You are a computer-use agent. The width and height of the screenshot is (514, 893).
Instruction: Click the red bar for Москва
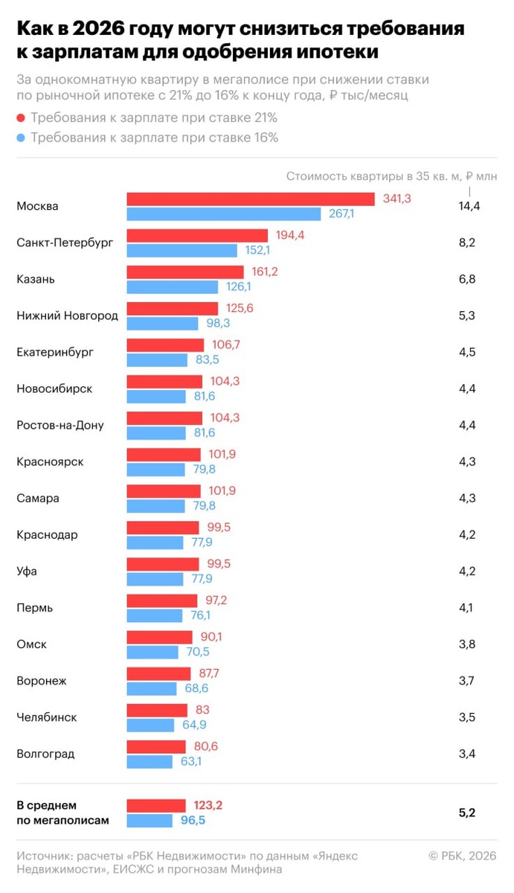point(250,199)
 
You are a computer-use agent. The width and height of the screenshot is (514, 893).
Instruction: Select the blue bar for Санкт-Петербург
point(181,251)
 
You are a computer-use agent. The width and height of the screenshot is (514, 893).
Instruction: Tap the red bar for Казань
point(185,272)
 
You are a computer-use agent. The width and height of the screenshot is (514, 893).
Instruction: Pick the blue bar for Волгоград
point(150,761)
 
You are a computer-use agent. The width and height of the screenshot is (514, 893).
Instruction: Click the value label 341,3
point(396,199)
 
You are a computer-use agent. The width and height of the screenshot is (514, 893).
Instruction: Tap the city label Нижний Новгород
point(67,316)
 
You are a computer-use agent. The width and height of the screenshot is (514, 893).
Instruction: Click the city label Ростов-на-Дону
point(60,425)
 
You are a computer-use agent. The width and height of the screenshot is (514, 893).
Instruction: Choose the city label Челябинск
point(47,717)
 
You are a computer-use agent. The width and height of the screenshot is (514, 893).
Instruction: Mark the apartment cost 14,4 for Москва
point(469,206)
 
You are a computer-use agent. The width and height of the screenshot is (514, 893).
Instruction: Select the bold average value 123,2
point(208,804)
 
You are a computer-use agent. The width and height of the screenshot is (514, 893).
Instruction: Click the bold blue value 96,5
point(193,820)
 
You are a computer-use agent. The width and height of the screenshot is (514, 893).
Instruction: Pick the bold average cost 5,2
point(467,813)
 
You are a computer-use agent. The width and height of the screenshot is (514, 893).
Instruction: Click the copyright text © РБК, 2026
point(462,857)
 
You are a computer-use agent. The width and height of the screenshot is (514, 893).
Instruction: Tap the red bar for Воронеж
point(158,673)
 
